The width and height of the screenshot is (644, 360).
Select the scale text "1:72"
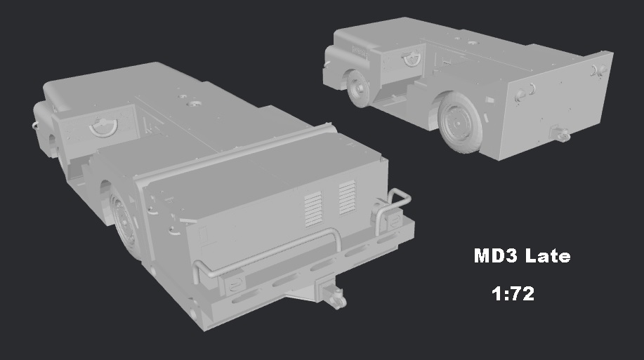click(x=513, y=293)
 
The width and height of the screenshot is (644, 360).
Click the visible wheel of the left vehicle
click(x=124, y=218)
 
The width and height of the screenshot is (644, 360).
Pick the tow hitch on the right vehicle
click(x=560, y=133)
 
